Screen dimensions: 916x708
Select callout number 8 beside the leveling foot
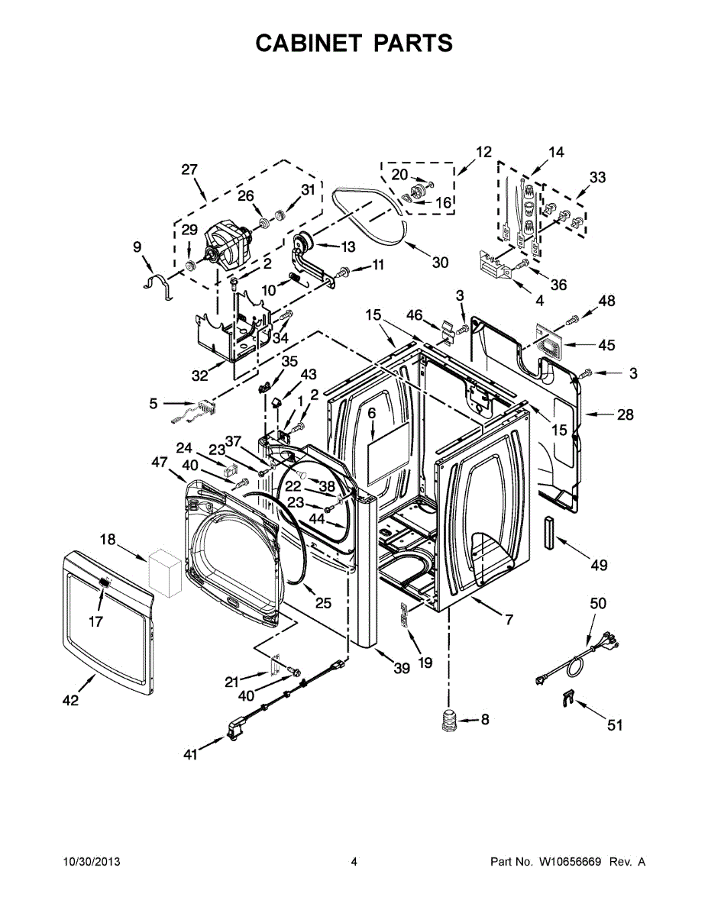tap(484, 719)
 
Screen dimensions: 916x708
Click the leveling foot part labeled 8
tap(448, 721)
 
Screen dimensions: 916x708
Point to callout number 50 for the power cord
tap(598, 603)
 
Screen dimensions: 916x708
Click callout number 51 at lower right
tap(615, 725)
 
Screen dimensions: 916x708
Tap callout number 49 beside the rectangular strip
tap(599, 565)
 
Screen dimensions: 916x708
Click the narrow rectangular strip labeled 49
tap(548, 532)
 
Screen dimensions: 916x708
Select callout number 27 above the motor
tap(189, 169)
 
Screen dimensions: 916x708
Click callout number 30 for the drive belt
tap(440, 263)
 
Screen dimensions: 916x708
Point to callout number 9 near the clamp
tap(137, 247)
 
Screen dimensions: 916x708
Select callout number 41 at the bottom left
tap(191, 754)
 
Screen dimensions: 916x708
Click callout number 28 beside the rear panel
tap(626, 415)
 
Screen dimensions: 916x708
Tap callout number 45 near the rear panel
tap(606, 345)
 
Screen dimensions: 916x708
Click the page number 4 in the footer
tap(354, 862)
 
